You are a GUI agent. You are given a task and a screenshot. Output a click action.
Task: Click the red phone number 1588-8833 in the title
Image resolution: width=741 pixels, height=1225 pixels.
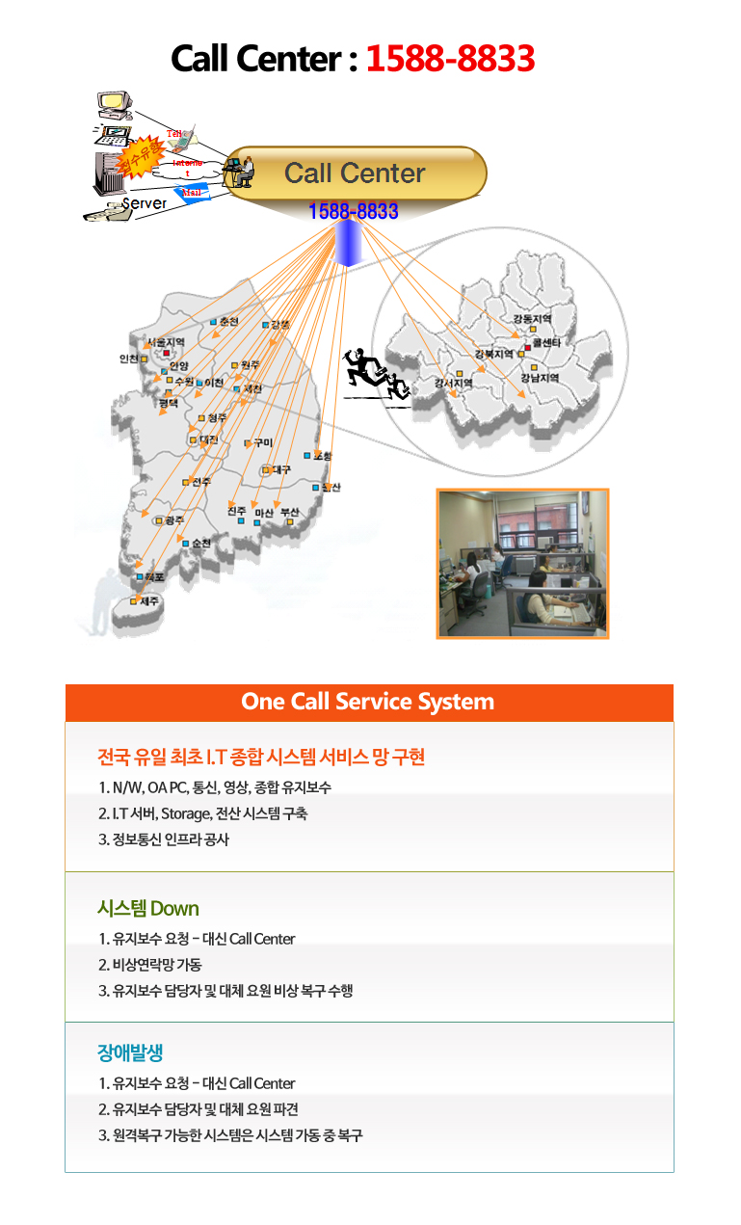450,59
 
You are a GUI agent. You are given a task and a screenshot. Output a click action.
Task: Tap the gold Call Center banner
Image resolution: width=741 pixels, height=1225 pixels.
355,173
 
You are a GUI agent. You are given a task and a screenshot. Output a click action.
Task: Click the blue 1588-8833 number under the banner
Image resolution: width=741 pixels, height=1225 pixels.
354,211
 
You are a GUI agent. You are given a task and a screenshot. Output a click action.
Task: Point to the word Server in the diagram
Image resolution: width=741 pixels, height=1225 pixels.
144,203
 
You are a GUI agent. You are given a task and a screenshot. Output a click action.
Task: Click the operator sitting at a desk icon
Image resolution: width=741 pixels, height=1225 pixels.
237,172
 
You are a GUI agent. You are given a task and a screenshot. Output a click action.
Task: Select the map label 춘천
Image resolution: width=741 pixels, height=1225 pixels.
228,321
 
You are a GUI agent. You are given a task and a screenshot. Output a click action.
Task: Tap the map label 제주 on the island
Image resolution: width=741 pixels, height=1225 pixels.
149,600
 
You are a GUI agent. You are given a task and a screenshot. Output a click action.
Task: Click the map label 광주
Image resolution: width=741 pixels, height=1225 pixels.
174,519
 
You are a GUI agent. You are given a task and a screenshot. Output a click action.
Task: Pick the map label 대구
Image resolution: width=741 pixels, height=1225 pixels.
280,469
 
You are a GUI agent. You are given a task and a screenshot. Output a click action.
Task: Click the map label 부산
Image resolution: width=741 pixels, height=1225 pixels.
289,512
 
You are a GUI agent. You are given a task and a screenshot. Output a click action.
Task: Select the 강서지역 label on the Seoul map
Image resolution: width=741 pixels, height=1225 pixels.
454,383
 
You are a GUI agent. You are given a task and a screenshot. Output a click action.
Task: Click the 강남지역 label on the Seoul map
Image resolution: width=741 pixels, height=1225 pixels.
540,379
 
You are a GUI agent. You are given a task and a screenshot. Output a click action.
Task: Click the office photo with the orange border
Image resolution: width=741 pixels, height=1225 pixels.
522,563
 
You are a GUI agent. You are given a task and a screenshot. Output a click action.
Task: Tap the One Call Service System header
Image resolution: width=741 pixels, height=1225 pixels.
368,702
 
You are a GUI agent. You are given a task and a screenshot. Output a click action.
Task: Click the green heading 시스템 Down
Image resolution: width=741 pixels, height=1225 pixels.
148,908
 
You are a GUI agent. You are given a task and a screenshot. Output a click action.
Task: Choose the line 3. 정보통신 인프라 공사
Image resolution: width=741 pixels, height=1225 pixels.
164,839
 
